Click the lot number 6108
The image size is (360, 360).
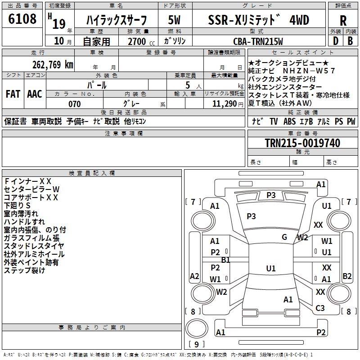(x=22, y=19)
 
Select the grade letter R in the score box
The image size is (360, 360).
(x=343, y=21)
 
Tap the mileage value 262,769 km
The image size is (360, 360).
(x=53, y=64)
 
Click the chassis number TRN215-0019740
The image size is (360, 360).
(x=302, y=143)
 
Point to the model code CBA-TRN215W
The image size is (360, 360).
(x=258, y=41)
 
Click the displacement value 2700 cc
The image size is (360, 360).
(x=140, y=42)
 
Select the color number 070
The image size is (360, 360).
(x=74, y=104)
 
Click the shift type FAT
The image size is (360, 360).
(x=13, y=94)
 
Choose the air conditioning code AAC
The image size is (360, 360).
(x=35, y=94)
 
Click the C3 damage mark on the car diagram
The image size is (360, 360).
(x=320, y=308)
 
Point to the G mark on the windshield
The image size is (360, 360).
(x=284, y=237)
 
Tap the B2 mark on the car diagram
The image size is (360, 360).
(x=347, y=276)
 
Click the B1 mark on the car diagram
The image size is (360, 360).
(x=225, y=260)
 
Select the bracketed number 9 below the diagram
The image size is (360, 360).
(x=196, y=345)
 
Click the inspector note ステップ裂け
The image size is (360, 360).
(x=24, y=270)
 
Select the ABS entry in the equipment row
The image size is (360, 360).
(x=289, y=121)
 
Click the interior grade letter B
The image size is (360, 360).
(x=350, y=40)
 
